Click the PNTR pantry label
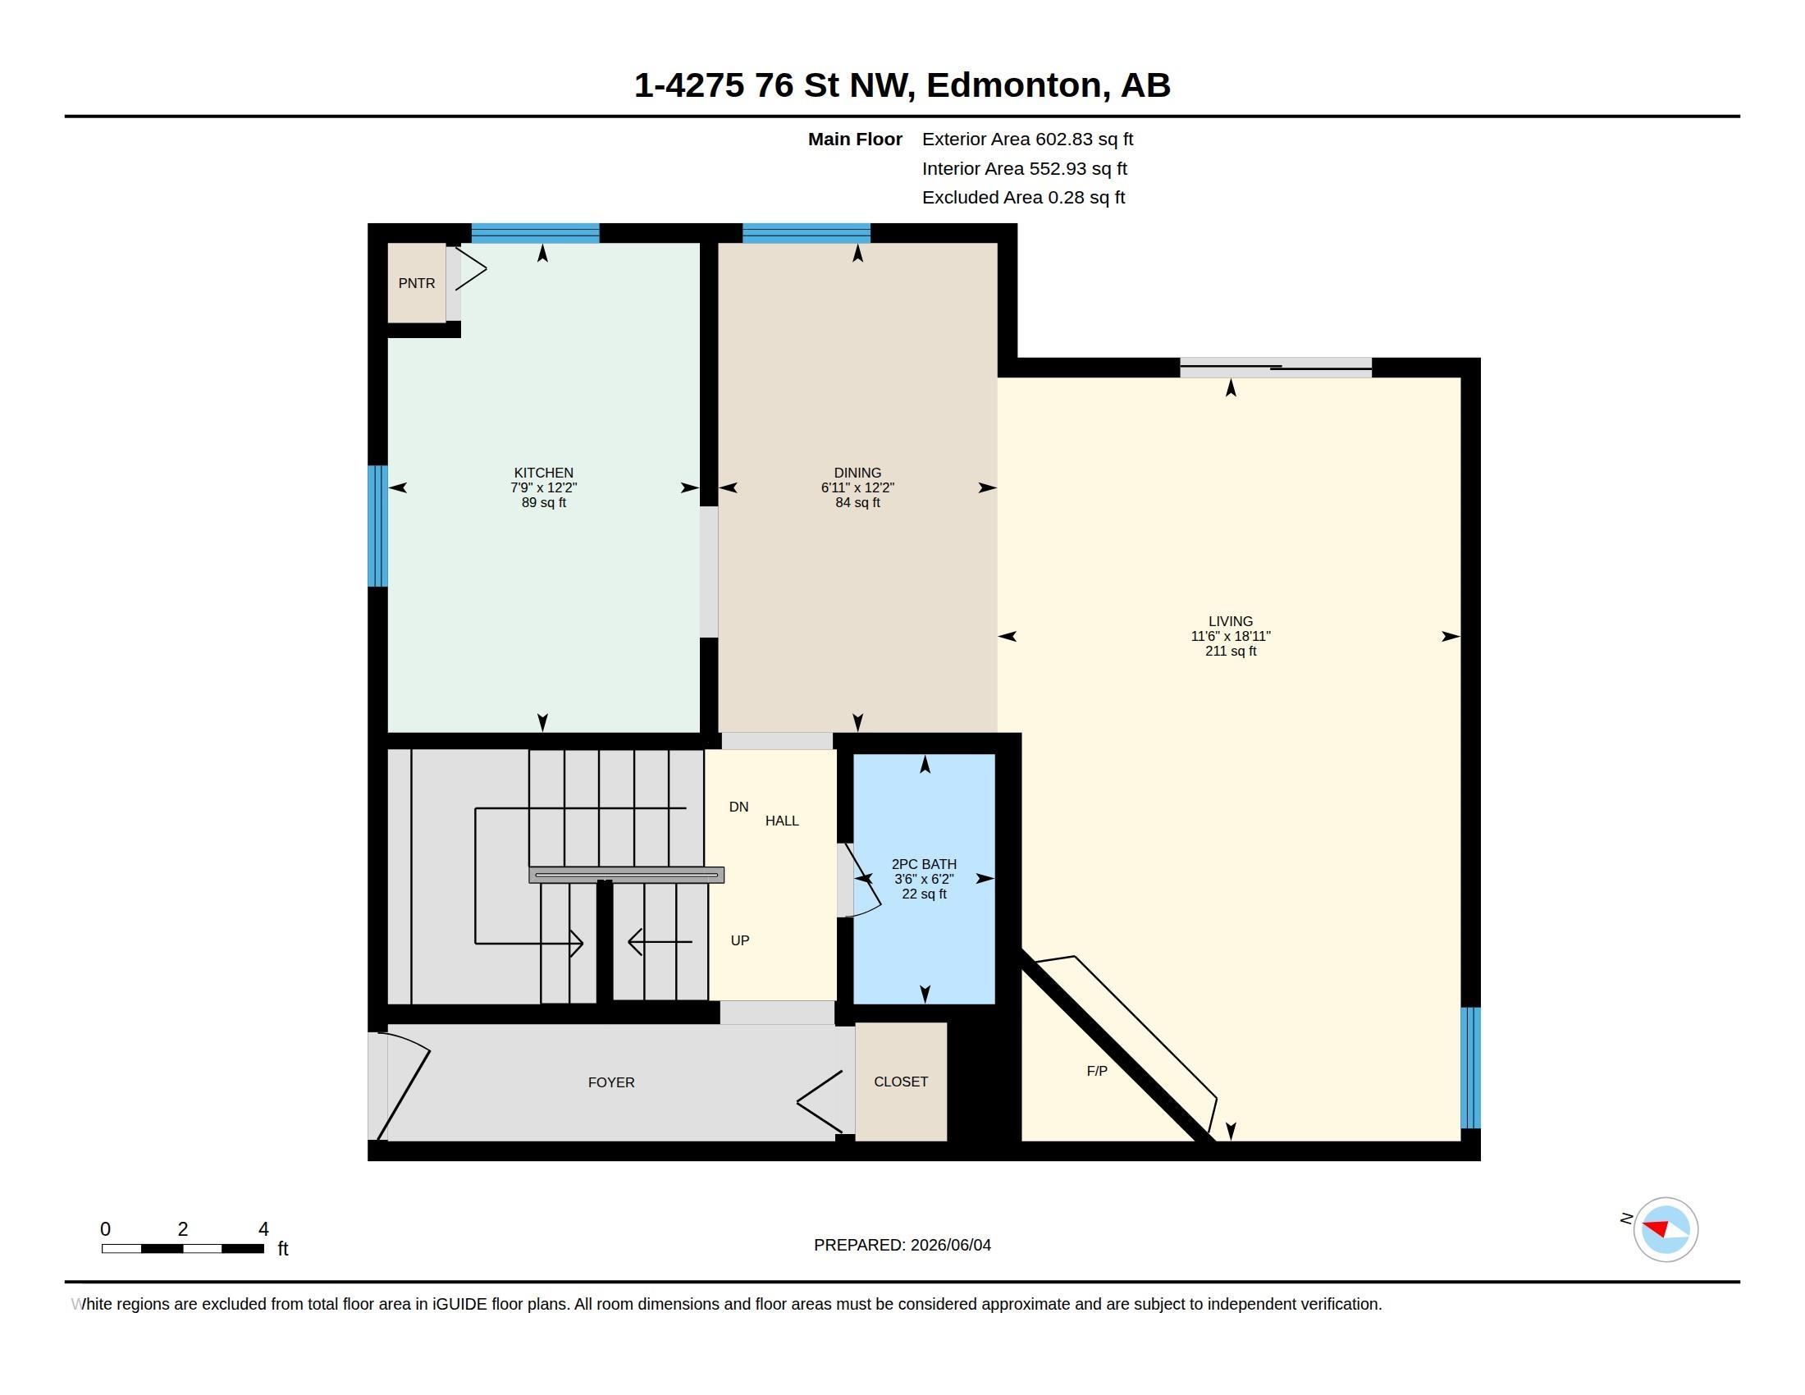(417, 283)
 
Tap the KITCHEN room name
(543, 473)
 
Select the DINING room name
(857, 473)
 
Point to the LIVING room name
(1231, 621)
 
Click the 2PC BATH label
(924, 864)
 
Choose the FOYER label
(611, 1082)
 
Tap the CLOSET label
(901, 1082)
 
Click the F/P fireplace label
(1097, 1071)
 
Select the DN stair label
(739, 807)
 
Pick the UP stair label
(740, 940)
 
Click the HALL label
(782, 821)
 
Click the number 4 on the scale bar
(263, 1229)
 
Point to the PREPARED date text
(902, 1245)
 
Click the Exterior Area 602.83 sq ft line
(1027, 139)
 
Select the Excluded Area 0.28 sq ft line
(1023, 197)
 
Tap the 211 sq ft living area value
(1231, 652)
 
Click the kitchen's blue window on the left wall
(377, 526)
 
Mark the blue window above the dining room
(806, 233)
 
